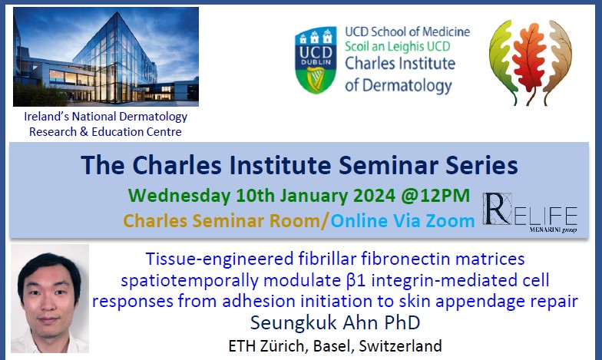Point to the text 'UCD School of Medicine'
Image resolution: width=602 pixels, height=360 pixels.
point(407,32)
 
